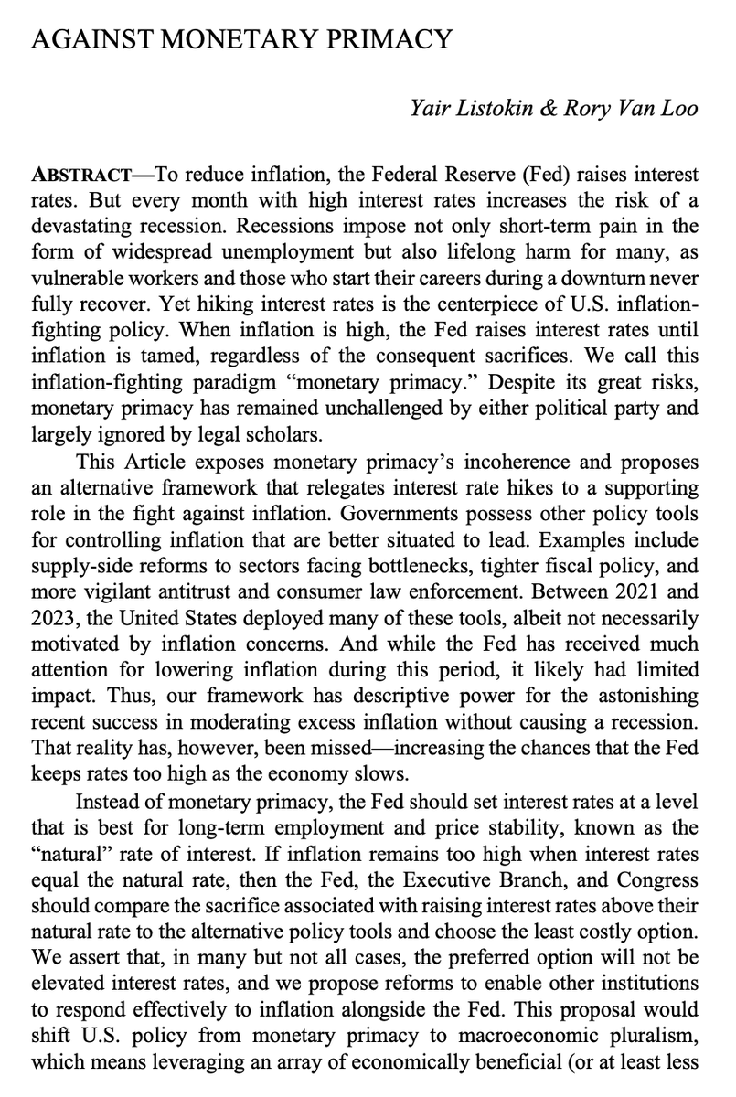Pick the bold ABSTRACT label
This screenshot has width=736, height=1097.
(89, 174)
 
